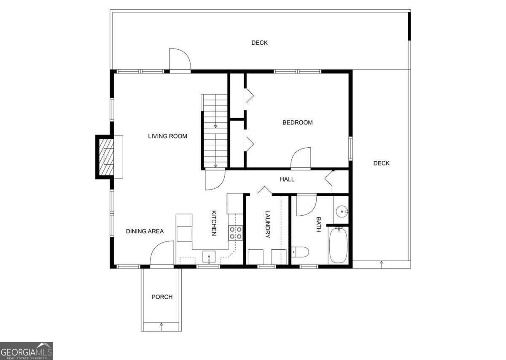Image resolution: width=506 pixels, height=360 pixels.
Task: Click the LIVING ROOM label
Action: click(167, 136)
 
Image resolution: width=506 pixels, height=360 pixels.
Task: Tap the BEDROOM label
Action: click(297, 122)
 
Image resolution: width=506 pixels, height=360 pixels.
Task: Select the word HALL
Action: click(287, 179)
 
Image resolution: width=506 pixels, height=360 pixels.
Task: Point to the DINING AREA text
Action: click(145, 231)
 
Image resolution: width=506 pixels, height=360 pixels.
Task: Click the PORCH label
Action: click(162, 297)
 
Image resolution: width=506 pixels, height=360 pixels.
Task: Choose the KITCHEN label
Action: click(214, 223)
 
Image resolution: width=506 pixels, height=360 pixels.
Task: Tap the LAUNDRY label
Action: click(267, 224)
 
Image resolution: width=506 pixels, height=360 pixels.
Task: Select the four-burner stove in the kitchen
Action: click(236, 233)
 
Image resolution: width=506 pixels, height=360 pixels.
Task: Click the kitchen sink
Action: click(209, 256)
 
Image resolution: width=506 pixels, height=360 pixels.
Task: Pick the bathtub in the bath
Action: click(338, 245)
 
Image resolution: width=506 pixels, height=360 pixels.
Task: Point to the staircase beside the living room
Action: click(215, 131)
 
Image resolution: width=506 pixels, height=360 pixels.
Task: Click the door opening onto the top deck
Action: click(180, 60)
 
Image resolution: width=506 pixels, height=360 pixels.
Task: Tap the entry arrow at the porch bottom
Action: click(161, 325)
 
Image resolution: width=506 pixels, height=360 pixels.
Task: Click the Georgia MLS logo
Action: click(27, 351)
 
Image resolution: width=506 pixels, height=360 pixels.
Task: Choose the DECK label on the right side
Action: click(381, 163)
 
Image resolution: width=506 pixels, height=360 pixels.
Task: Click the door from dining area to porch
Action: click(162, 254)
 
